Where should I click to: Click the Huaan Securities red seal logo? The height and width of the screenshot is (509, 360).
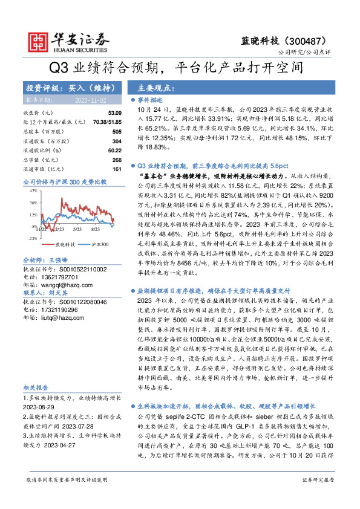pyautogui.click(x=38, y=41)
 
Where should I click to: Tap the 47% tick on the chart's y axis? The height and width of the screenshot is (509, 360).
pyautogui.click(x=33, y=191)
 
